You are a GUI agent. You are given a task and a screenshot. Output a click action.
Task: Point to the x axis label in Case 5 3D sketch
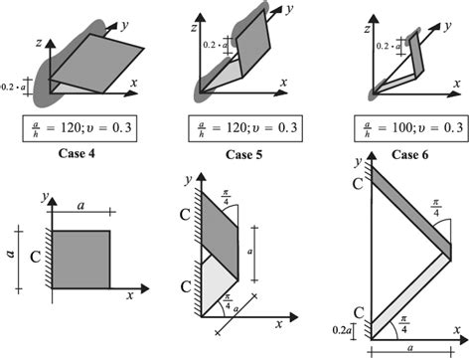[x=284, y=82]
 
